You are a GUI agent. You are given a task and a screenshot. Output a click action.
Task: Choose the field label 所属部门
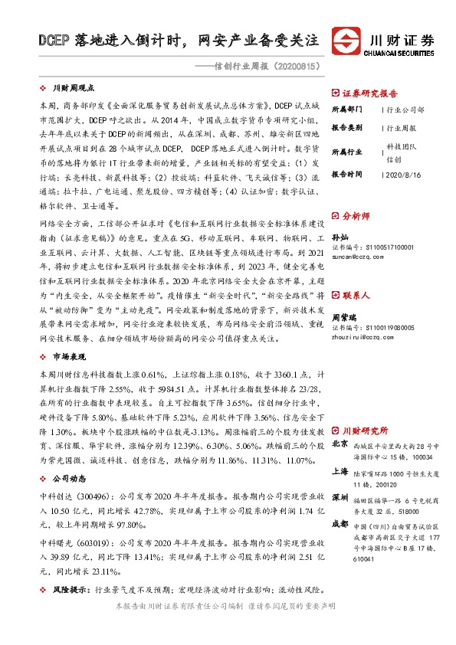tap(346, 110)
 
